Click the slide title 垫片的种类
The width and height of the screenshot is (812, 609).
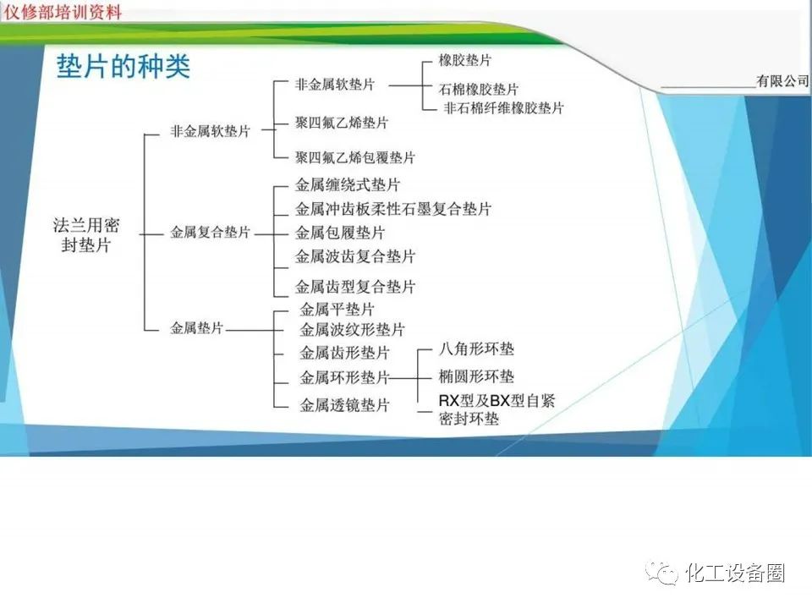pyautogui.click(x=123, y=67)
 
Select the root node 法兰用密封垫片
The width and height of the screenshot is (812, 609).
pyautogui.click(x=87, y=235)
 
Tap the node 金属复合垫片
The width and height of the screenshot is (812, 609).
pyautogui.click(x=211, y=232)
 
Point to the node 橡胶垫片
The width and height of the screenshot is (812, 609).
pyautogui.click(x=464, y=61)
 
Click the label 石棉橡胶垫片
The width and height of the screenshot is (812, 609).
pyautogui.click(x=479, y=89)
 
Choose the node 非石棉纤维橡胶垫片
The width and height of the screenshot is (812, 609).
pyautogui.click(x=503, y=107)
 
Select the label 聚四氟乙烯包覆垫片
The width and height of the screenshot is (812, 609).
pyautogui.click(x=355, y=157)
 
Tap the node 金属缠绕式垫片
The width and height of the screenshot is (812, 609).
pyautogui.click(x=348, y=184)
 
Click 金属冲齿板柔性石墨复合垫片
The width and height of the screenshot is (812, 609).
pyautogui.click(x=393, y=209)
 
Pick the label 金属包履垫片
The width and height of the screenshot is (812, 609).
pyautogui.click(x=340, y=233)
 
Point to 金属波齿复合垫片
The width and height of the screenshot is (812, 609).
pyautogui.click(x=355, y=256)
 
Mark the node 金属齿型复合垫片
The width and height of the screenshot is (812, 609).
pyautogui.click(x=355, y=287)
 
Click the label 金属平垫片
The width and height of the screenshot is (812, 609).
pyautogui.click(x=337, y=310)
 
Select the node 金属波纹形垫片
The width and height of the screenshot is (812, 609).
pyautogui.click(x=352, y=329)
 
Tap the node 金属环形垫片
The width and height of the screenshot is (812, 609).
pyautogui.click(x=344, y=377)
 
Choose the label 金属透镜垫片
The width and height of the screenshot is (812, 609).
pyautogui.click(x=344, y=405)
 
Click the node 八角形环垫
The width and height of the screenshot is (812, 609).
pyautogui.click(x=476, y=348)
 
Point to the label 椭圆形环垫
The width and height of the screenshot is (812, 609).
pyautogui.click(x=476, y=376)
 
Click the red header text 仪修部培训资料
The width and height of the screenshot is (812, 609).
pyautogui.click(x=63, y=12)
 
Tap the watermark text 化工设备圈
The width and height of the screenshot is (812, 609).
pyautogui.click(x=735, y=573)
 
